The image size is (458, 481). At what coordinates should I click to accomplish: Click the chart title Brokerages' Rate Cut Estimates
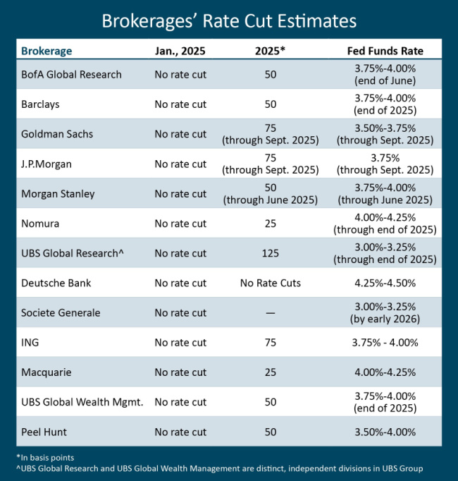coord(229,19)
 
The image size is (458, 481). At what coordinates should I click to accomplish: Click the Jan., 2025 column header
coord(180,51)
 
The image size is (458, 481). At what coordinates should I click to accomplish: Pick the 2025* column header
coord(271,51)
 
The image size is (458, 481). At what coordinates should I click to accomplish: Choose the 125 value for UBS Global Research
coord(271,253)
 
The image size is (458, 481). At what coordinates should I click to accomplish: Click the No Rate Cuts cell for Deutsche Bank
coord(271,283)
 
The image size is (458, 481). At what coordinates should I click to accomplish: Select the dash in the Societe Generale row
coord(271,313)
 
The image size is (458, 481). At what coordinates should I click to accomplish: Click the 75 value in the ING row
coord(271,343)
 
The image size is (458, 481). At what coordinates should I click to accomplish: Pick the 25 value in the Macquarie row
coord(271,372)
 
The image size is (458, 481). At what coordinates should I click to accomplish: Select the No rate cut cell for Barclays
coord(180,104)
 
